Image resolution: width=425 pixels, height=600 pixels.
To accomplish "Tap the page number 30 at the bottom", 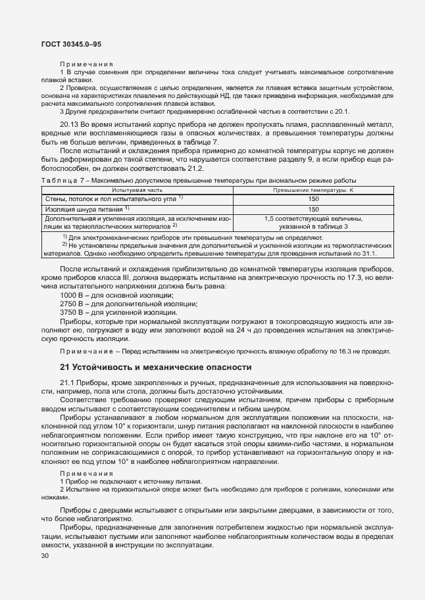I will coord(45,556).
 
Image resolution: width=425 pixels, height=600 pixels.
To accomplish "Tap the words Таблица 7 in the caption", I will coord(63,180).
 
